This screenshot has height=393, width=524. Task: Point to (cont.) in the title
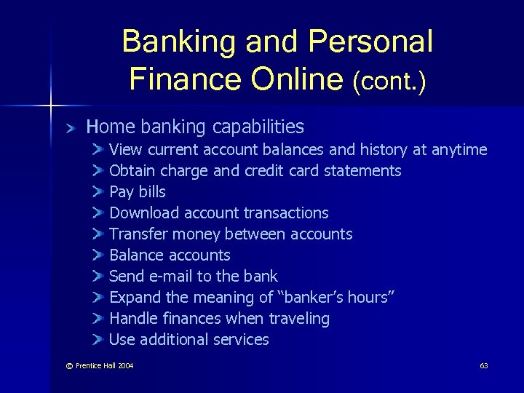point(389,80)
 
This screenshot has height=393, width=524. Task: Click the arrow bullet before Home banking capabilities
point(70,128)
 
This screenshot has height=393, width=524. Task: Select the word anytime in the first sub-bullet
point(459,150)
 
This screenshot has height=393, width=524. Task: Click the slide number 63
point(483,365)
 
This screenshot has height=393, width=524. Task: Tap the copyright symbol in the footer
point(69,365)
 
